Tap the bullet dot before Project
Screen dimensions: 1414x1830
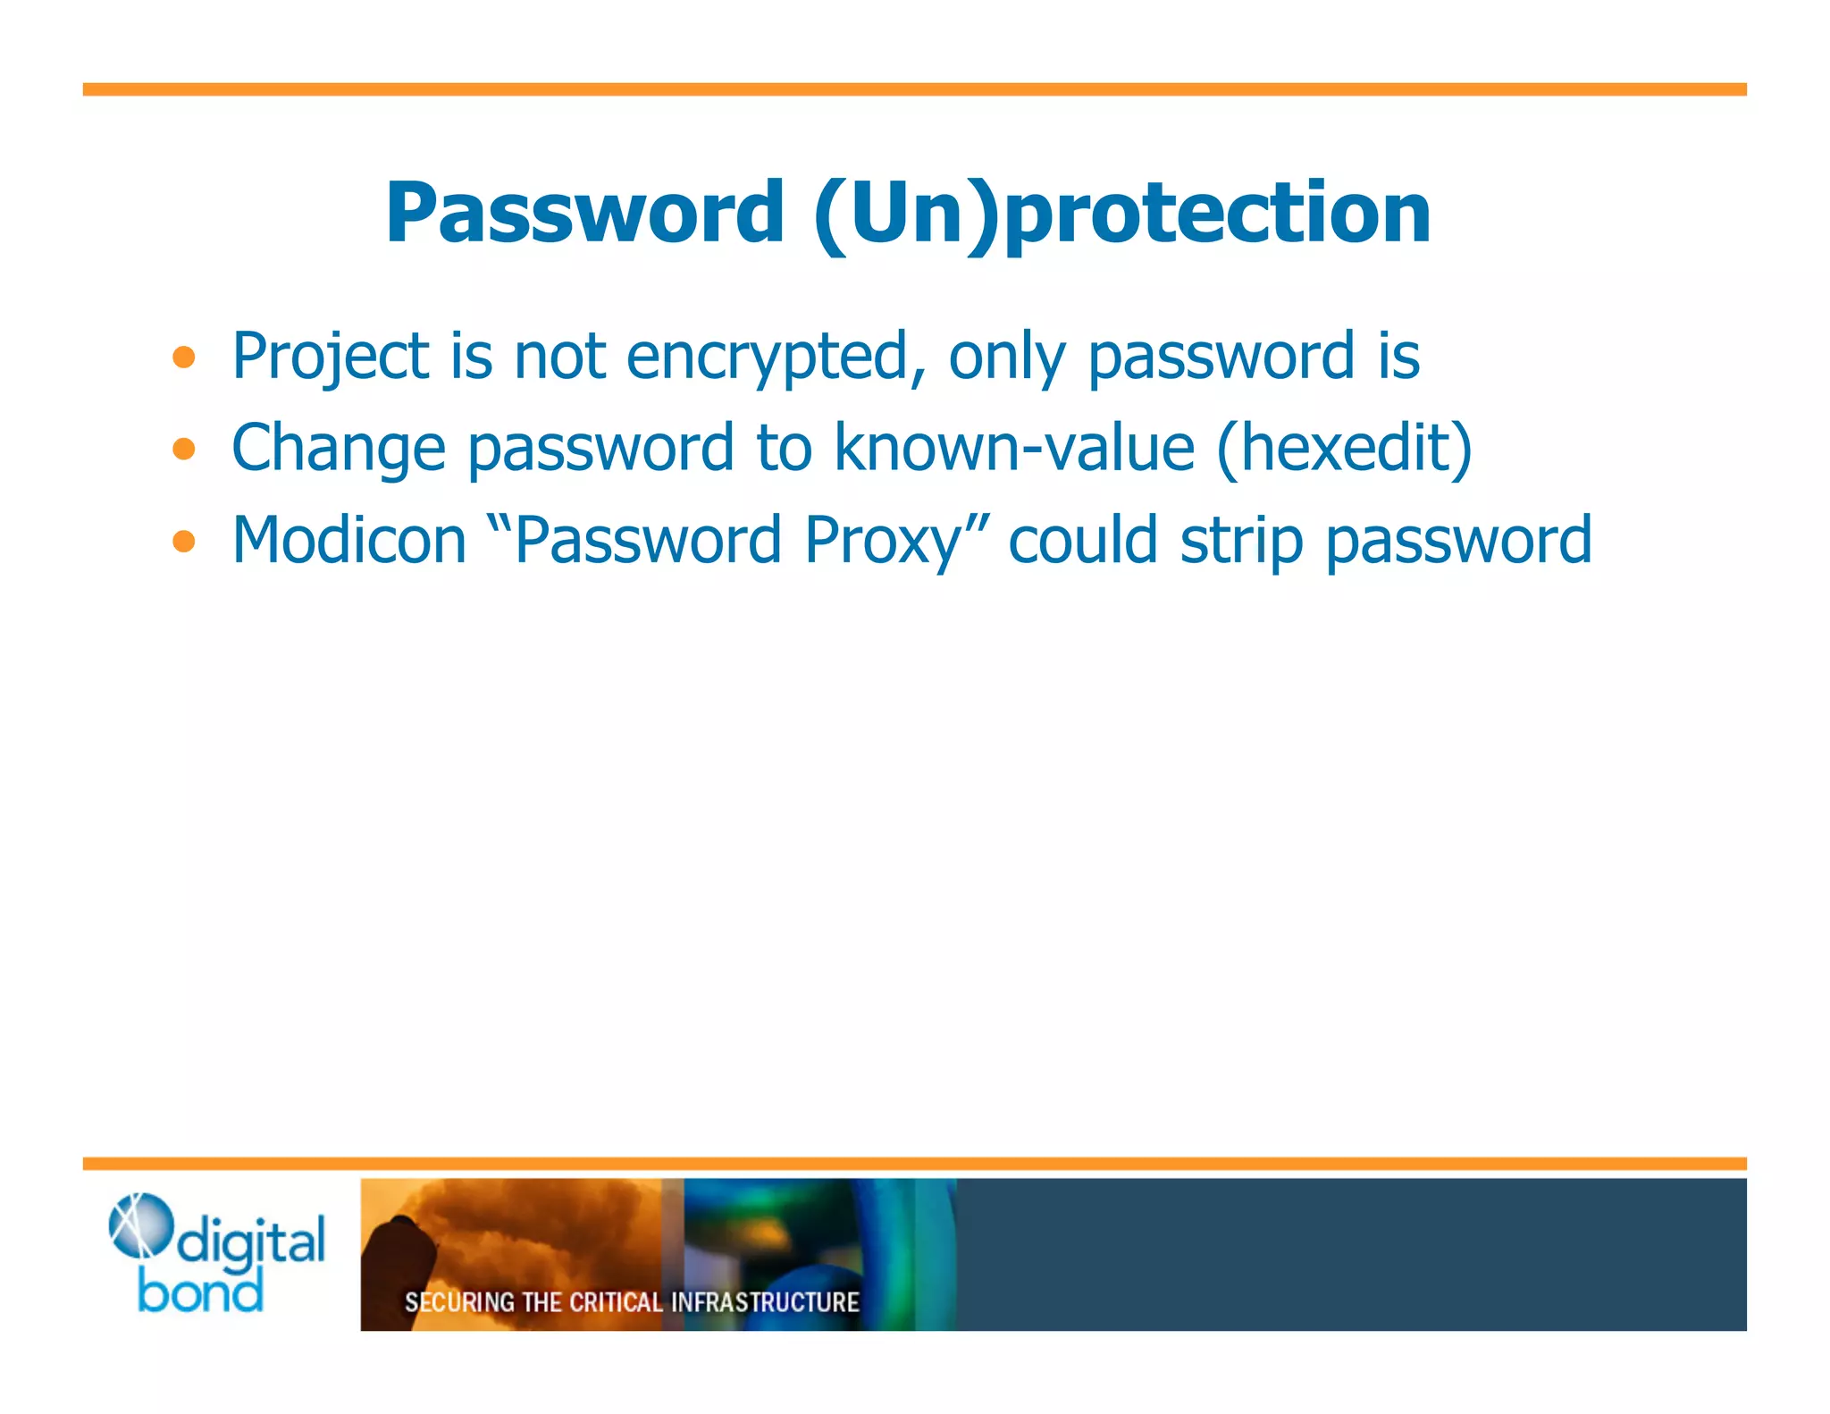point(184,358)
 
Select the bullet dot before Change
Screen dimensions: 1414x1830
point(184,449)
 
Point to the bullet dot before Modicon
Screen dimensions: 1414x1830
point(184,541)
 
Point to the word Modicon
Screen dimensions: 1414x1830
point(349,541)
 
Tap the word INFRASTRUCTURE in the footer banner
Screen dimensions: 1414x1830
point(765,1302)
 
